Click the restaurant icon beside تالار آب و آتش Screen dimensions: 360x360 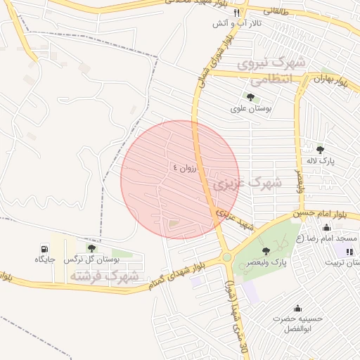coord(238,13)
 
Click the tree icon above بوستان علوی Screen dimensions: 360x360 coord(250,97)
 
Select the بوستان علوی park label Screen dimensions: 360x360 coord(250,109)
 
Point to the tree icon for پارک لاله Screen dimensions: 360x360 coord(321,149)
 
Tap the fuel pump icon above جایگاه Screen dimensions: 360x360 coord(45,248)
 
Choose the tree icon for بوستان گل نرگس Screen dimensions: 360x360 coord(91,247)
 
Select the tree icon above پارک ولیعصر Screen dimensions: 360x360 coord(265,251)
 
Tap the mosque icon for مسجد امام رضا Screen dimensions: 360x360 coord(326,227)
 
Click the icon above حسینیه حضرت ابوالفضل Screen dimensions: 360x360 coord(298,307)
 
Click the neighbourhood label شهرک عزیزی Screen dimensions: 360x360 coord(247,185)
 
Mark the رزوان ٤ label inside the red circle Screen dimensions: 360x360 coord(187,168)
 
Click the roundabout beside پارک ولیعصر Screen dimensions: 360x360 coord(226,257)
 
